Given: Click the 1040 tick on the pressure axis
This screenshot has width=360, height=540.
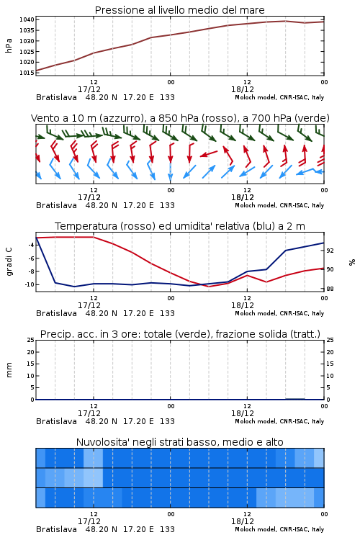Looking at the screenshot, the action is point(27,19).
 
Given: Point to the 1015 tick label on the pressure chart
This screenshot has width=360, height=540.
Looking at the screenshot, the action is point(27,73).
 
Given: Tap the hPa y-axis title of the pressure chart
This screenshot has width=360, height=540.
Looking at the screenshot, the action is point(9,45).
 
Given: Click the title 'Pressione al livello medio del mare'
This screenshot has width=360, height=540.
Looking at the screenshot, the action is point(180,10).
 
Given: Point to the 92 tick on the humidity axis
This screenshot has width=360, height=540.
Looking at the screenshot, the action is point(330,251).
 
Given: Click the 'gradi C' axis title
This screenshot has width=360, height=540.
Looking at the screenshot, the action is point(9,262).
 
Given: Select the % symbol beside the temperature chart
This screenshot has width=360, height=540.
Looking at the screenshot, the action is point(352,262).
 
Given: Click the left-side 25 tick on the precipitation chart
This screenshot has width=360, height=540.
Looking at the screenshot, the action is point(31,340).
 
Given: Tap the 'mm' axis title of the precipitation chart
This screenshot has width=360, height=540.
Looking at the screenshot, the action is point(9,370).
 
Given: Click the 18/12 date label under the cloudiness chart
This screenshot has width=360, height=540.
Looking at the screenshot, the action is point(243,521).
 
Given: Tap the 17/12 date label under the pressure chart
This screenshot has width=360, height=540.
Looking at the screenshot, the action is point(89,89).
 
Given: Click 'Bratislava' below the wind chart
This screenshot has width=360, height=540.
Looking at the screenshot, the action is point(56,205).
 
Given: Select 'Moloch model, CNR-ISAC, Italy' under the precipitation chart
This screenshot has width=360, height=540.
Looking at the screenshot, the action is point(279,421).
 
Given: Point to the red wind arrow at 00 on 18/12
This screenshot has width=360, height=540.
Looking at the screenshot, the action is point(171,153).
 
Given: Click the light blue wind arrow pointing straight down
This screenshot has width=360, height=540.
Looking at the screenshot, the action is point(171,171).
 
